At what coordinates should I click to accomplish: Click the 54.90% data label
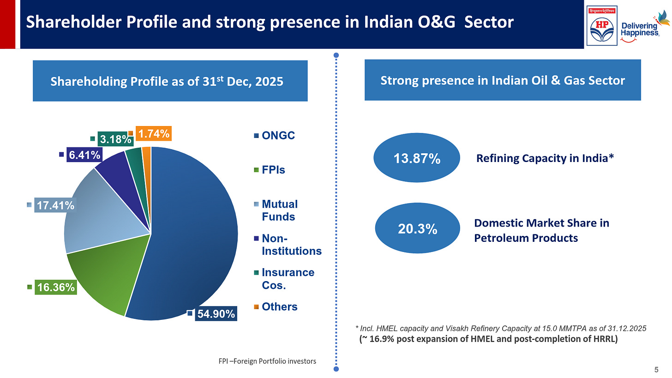(x=216, y=314)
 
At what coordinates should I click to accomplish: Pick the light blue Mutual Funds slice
(x=106, y=217)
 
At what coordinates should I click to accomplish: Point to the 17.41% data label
(x=55, y=205)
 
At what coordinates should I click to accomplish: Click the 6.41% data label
(x=84, y=155)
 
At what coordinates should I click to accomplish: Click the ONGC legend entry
(x=278, y=136)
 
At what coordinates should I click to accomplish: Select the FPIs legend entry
(x=273, y=170)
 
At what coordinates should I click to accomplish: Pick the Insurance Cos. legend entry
(x=287, y=279)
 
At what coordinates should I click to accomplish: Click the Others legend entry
(x=279, y=307)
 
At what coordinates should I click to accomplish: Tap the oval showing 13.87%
(x=416, y=159)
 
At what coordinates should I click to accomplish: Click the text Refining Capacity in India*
(x=545, y=159)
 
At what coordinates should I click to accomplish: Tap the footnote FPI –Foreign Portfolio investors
(x=267, y=361)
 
